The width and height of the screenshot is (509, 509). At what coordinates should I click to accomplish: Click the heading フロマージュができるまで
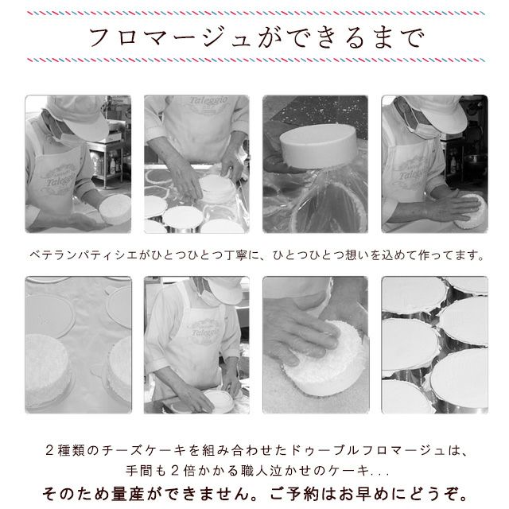pos(256,37)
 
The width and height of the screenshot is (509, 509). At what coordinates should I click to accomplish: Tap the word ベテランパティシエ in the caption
pos(84,255)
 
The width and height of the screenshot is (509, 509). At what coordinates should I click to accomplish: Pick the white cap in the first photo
pos(78,115)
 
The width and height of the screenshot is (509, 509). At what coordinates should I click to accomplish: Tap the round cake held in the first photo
pos(115,209)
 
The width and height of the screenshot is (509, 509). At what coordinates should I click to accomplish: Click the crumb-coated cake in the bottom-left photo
pos(47,370)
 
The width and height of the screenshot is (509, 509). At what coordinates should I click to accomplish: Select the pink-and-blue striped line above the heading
pos(256,14)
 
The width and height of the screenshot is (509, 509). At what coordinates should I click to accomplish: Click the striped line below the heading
pos(256,60)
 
